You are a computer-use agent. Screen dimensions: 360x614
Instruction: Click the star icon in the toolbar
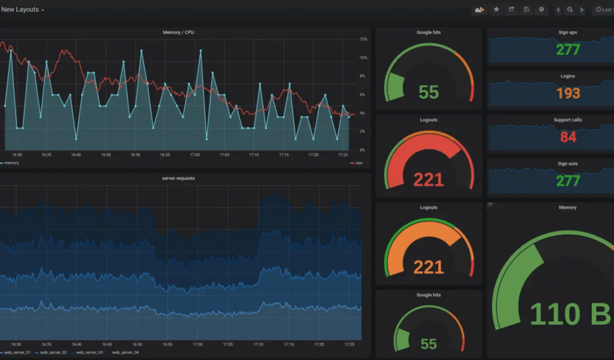tap(496, 10)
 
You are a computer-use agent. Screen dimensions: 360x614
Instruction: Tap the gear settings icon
tap(541, 10)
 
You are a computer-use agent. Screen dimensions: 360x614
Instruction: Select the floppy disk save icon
tap(526, 10)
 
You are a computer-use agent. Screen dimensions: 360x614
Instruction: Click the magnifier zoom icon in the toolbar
tap(570, 10)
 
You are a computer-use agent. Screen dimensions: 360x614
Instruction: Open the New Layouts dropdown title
tap(22, 10)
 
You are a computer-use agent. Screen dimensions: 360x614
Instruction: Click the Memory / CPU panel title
tap(179, 32)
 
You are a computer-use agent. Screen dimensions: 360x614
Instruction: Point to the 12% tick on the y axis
tap(363, 39)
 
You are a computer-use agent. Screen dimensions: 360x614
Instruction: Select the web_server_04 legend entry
tap(125, 352)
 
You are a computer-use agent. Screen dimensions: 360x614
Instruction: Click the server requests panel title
tap(178, 178)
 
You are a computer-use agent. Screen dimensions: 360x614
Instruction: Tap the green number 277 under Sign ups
tap(568, 49)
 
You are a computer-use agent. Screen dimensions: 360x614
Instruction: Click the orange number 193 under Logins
tap(568, 93)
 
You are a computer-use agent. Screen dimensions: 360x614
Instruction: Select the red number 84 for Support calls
tap(568, 137)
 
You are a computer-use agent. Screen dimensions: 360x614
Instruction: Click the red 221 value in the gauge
tap(428, 179)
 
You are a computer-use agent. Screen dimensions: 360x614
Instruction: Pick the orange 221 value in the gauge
tap(428, 267)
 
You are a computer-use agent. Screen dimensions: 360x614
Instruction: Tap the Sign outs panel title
tap(567, 164)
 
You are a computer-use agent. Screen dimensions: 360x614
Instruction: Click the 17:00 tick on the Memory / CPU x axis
tap(195, 155)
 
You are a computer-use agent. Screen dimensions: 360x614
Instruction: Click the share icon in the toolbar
tap(511, 10)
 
